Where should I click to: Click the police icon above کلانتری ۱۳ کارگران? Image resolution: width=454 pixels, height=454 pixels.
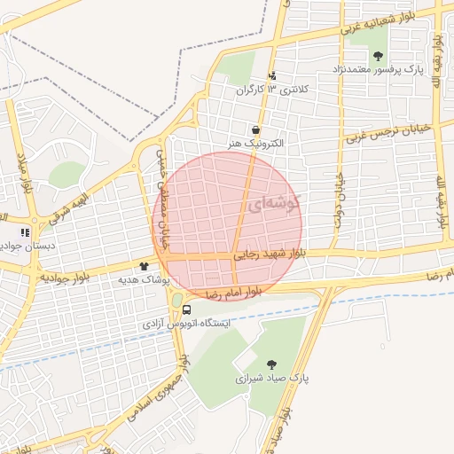click(x=272, y=76)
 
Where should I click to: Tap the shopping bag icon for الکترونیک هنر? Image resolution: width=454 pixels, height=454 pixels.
click(x=255, y=129)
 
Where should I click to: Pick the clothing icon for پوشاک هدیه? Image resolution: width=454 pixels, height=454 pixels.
click(x=144, y=266)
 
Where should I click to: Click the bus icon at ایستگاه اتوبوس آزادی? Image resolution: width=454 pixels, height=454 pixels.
click(x=187, y=309)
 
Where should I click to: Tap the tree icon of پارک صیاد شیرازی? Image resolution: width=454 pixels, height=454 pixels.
click(x=271, y=364)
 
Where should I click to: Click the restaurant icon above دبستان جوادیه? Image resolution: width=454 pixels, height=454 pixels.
click(x=25, y=233)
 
